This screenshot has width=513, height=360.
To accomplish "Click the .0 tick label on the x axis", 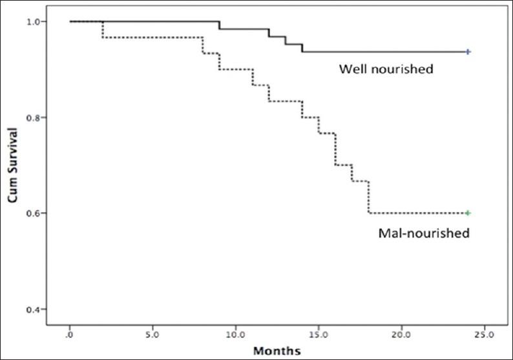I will point(70,335).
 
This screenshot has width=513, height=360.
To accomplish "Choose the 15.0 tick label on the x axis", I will point(319,335).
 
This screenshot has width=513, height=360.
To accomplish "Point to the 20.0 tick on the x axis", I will point(401,335).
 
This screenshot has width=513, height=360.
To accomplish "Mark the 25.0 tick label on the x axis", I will point(484,335).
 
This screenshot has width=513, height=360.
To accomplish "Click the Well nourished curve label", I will point(386,69).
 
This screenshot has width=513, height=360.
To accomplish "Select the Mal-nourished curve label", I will point(423,233).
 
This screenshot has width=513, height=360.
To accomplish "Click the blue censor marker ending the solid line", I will point(468,51).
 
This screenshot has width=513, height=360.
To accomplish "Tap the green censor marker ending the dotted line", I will point(468,213).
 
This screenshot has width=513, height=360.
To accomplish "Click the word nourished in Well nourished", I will point(401,69).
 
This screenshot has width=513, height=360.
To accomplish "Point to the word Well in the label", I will point(353,69).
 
